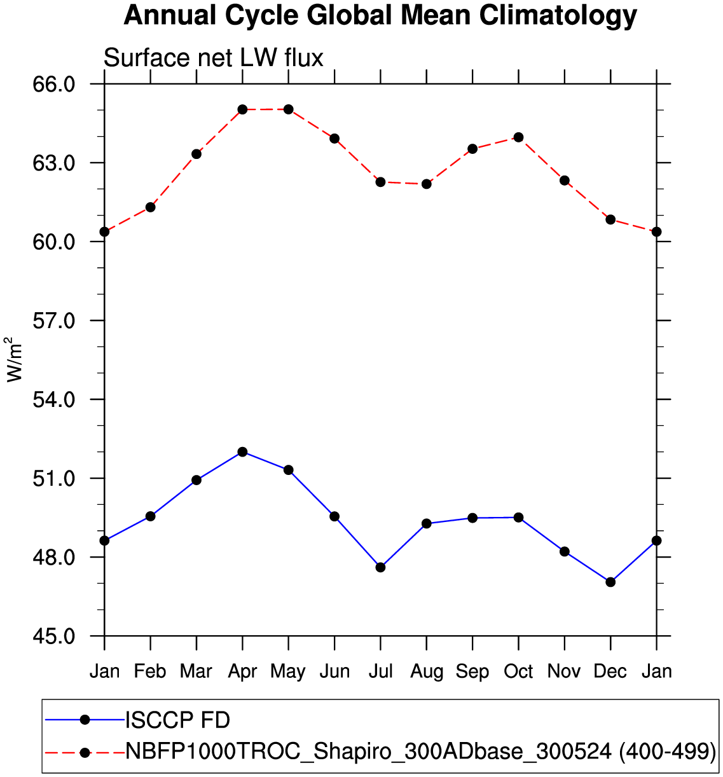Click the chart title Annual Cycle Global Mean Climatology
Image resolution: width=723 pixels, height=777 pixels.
pyautogui.click(x=380, y=16)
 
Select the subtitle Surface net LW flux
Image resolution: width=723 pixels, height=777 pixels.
pyautogui.click(x=213, y=58)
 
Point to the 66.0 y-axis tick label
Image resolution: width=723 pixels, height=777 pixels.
pyautogui.click(x=53, y=84)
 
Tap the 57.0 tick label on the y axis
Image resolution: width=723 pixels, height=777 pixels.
pyautogui.click(x=53, y=320)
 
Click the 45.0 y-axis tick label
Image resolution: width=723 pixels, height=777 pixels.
pyautogui.click(x=53, y=636)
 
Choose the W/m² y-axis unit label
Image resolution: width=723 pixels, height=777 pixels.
pyautogui.click(x=15, y=359)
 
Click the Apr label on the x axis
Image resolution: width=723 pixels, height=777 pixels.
pyautogui.click(x=242, y=671)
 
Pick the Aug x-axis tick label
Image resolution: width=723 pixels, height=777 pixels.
pyautogui.click(x=427, y=671)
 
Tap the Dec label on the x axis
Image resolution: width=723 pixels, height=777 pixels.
pyautogui.click(x=610, y=671)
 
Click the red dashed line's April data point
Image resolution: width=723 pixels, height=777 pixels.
pyautogui.click(x=242, y=109)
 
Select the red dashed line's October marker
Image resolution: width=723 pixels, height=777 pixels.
pyautogui.click(x=518, y=137)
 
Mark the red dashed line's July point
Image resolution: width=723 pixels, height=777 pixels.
pyautogui.click(x=380, y=182)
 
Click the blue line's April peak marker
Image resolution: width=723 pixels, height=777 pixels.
pyautogui.click(x=242, y=451)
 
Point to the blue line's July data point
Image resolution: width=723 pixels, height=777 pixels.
pyautogui.click(x=380, y=567)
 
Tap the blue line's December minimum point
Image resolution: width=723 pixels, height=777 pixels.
pyautogui.click(x=610, y=582)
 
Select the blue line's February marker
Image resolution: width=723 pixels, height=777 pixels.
pyautogui.click(x=150, y=516)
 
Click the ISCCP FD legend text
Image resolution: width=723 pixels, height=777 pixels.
pyautogui.click(x=177, y=720)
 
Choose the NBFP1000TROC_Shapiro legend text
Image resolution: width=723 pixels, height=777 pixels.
pyautogui.click(x=420, y=751)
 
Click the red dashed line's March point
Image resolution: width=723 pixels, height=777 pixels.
pyautogui.click(x=196, y=154)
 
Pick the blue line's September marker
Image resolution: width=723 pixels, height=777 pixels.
pyautogui.click(x=472, y=518)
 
